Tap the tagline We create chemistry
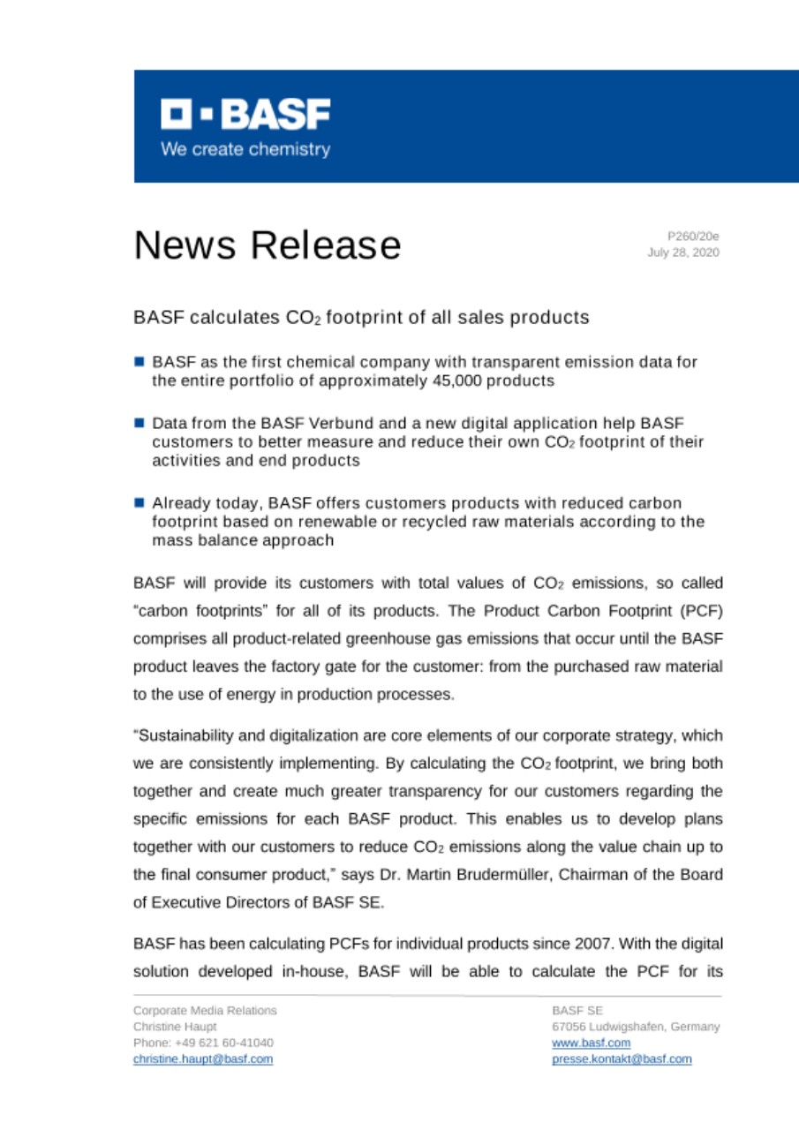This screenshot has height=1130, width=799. [245, 149]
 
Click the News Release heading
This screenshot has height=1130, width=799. [267, 245]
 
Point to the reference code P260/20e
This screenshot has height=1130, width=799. [693, 237]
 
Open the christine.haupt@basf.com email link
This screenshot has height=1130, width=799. [203, 1058]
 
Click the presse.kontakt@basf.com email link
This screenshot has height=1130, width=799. [622, 1058]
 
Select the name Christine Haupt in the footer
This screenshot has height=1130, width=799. [168, 1027]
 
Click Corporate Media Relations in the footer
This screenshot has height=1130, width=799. [205, 1010]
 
